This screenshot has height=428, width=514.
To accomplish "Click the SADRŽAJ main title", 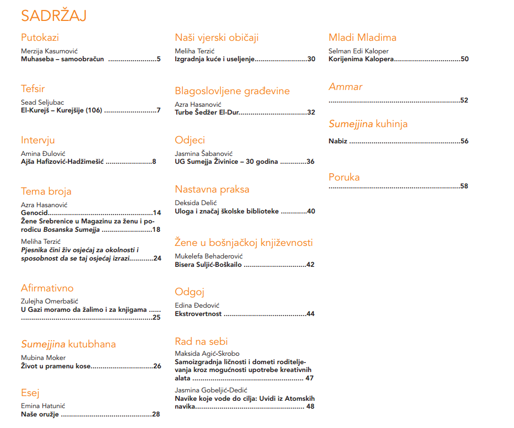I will pyautogui.click(x=54, y=16).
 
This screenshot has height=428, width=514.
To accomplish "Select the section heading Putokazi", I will pyautogui.click(x=40, y=38).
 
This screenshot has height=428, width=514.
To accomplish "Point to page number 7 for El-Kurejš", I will pyautogui.click(x=158, y=110).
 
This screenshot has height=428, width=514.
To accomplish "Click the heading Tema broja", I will pyautogui.click(x=46, y=192).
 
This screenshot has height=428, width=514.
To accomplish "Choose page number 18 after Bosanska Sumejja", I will pyautogui.click(x=156, y=230).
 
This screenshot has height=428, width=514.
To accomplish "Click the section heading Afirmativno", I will pyautogui.click(x=47, y=288).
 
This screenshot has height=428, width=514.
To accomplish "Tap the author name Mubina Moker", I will pyautogui.click(x=43, y=358).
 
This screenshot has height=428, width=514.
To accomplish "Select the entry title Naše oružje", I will pyautogui.click(x=40, y=414).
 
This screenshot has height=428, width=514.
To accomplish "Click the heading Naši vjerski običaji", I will pyautogui.click(x=216, y=38).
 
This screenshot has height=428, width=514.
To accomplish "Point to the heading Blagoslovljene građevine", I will pyautogui.click(x=232, y=91).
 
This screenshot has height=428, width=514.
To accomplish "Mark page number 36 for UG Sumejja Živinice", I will pyautogui.click(x=311, y=162).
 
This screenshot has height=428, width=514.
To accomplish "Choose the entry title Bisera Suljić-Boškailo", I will pyautogui.click(x=208, y=265).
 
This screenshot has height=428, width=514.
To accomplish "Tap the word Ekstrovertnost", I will pyautogui.click(x=198, y=314).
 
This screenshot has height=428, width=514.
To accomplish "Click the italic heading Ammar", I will pyautogui.click(x=345, y=87).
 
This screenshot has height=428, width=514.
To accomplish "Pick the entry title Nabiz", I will pyautogui.click(x=338, y=141).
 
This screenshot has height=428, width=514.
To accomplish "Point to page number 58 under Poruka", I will pyautogui.click(x=464, y=186).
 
